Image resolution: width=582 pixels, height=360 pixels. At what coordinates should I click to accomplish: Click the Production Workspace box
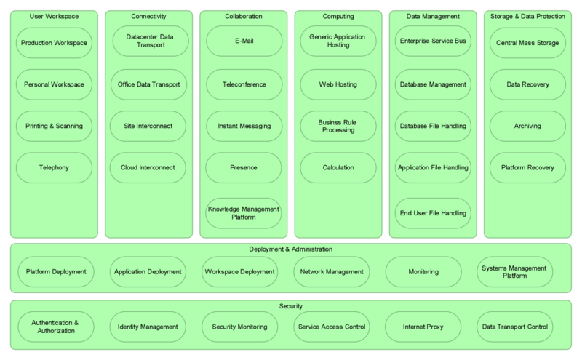[x=54, y=43]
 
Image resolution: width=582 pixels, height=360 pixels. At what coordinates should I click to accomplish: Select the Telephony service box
[x=54, y=168]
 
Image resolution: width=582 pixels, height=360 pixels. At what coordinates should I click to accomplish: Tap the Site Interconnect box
[x=149, y=127]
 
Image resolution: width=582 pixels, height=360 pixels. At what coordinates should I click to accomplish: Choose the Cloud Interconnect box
[x=149, y=168]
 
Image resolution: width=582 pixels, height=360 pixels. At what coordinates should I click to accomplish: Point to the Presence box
[x=244, y=168]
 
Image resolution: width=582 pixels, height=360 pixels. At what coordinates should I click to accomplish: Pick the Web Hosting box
[x=338, y=84]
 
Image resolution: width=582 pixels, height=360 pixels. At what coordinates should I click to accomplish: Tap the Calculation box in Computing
[x=338, y=168]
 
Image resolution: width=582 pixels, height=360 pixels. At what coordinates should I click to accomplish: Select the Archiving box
[x=527, y=127]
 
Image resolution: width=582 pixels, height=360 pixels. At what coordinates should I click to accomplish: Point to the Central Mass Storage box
[x=527, y=43]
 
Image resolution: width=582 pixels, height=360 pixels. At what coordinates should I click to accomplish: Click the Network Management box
[x=330, y=272]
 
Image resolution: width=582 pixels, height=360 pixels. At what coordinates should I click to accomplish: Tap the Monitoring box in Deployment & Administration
[x=423, y=272]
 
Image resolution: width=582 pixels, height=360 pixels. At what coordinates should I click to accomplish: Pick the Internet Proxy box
[x=423, y=327]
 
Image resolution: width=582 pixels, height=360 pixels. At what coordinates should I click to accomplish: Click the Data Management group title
[x=433, y=15]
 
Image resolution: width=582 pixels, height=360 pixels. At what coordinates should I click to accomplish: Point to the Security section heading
[x=290, y=306]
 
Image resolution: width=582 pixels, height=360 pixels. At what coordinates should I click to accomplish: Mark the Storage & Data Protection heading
[x=527, y=15]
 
